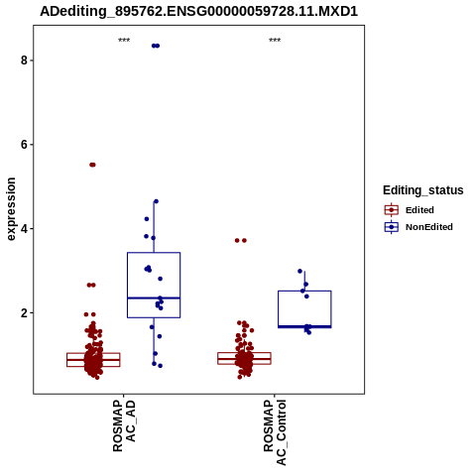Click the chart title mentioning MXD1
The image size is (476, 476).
pos(198,11)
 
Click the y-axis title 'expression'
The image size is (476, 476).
pos(11,209)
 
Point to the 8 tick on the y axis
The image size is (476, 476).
pos(24,60)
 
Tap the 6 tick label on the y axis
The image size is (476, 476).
pos(24,145)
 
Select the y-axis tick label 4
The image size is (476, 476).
pos(24,229)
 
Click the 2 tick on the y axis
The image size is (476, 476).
pos(24,312)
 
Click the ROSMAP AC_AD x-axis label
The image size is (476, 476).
pos(124,425)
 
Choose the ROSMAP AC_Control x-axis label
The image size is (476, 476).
pos(275,432)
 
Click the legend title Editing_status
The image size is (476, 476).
pos(423,190)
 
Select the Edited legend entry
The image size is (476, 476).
pos(409,210)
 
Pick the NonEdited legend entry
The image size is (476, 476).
pos(418,227)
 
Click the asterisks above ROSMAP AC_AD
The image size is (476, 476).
pos(124,41)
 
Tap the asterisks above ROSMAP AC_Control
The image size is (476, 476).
pos(275,41)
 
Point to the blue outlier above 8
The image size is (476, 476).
pos(156,46)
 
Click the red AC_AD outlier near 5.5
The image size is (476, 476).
pos(92,165)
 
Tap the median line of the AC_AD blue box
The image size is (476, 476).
pos(154,298)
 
